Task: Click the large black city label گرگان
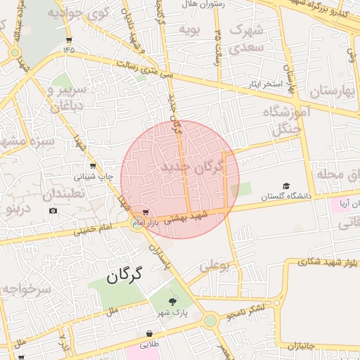124,275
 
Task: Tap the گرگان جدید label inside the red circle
191,167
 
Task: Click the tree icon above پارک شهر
163,300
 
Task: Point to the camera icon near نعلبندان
53,211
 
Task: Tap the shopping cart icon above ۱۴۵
68,39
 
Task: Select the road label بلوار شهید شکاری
322,262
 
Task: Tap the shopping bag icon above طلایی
149,334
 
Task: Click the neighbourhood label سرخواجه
26,288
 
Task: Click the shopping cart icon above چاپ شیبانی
93,167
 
